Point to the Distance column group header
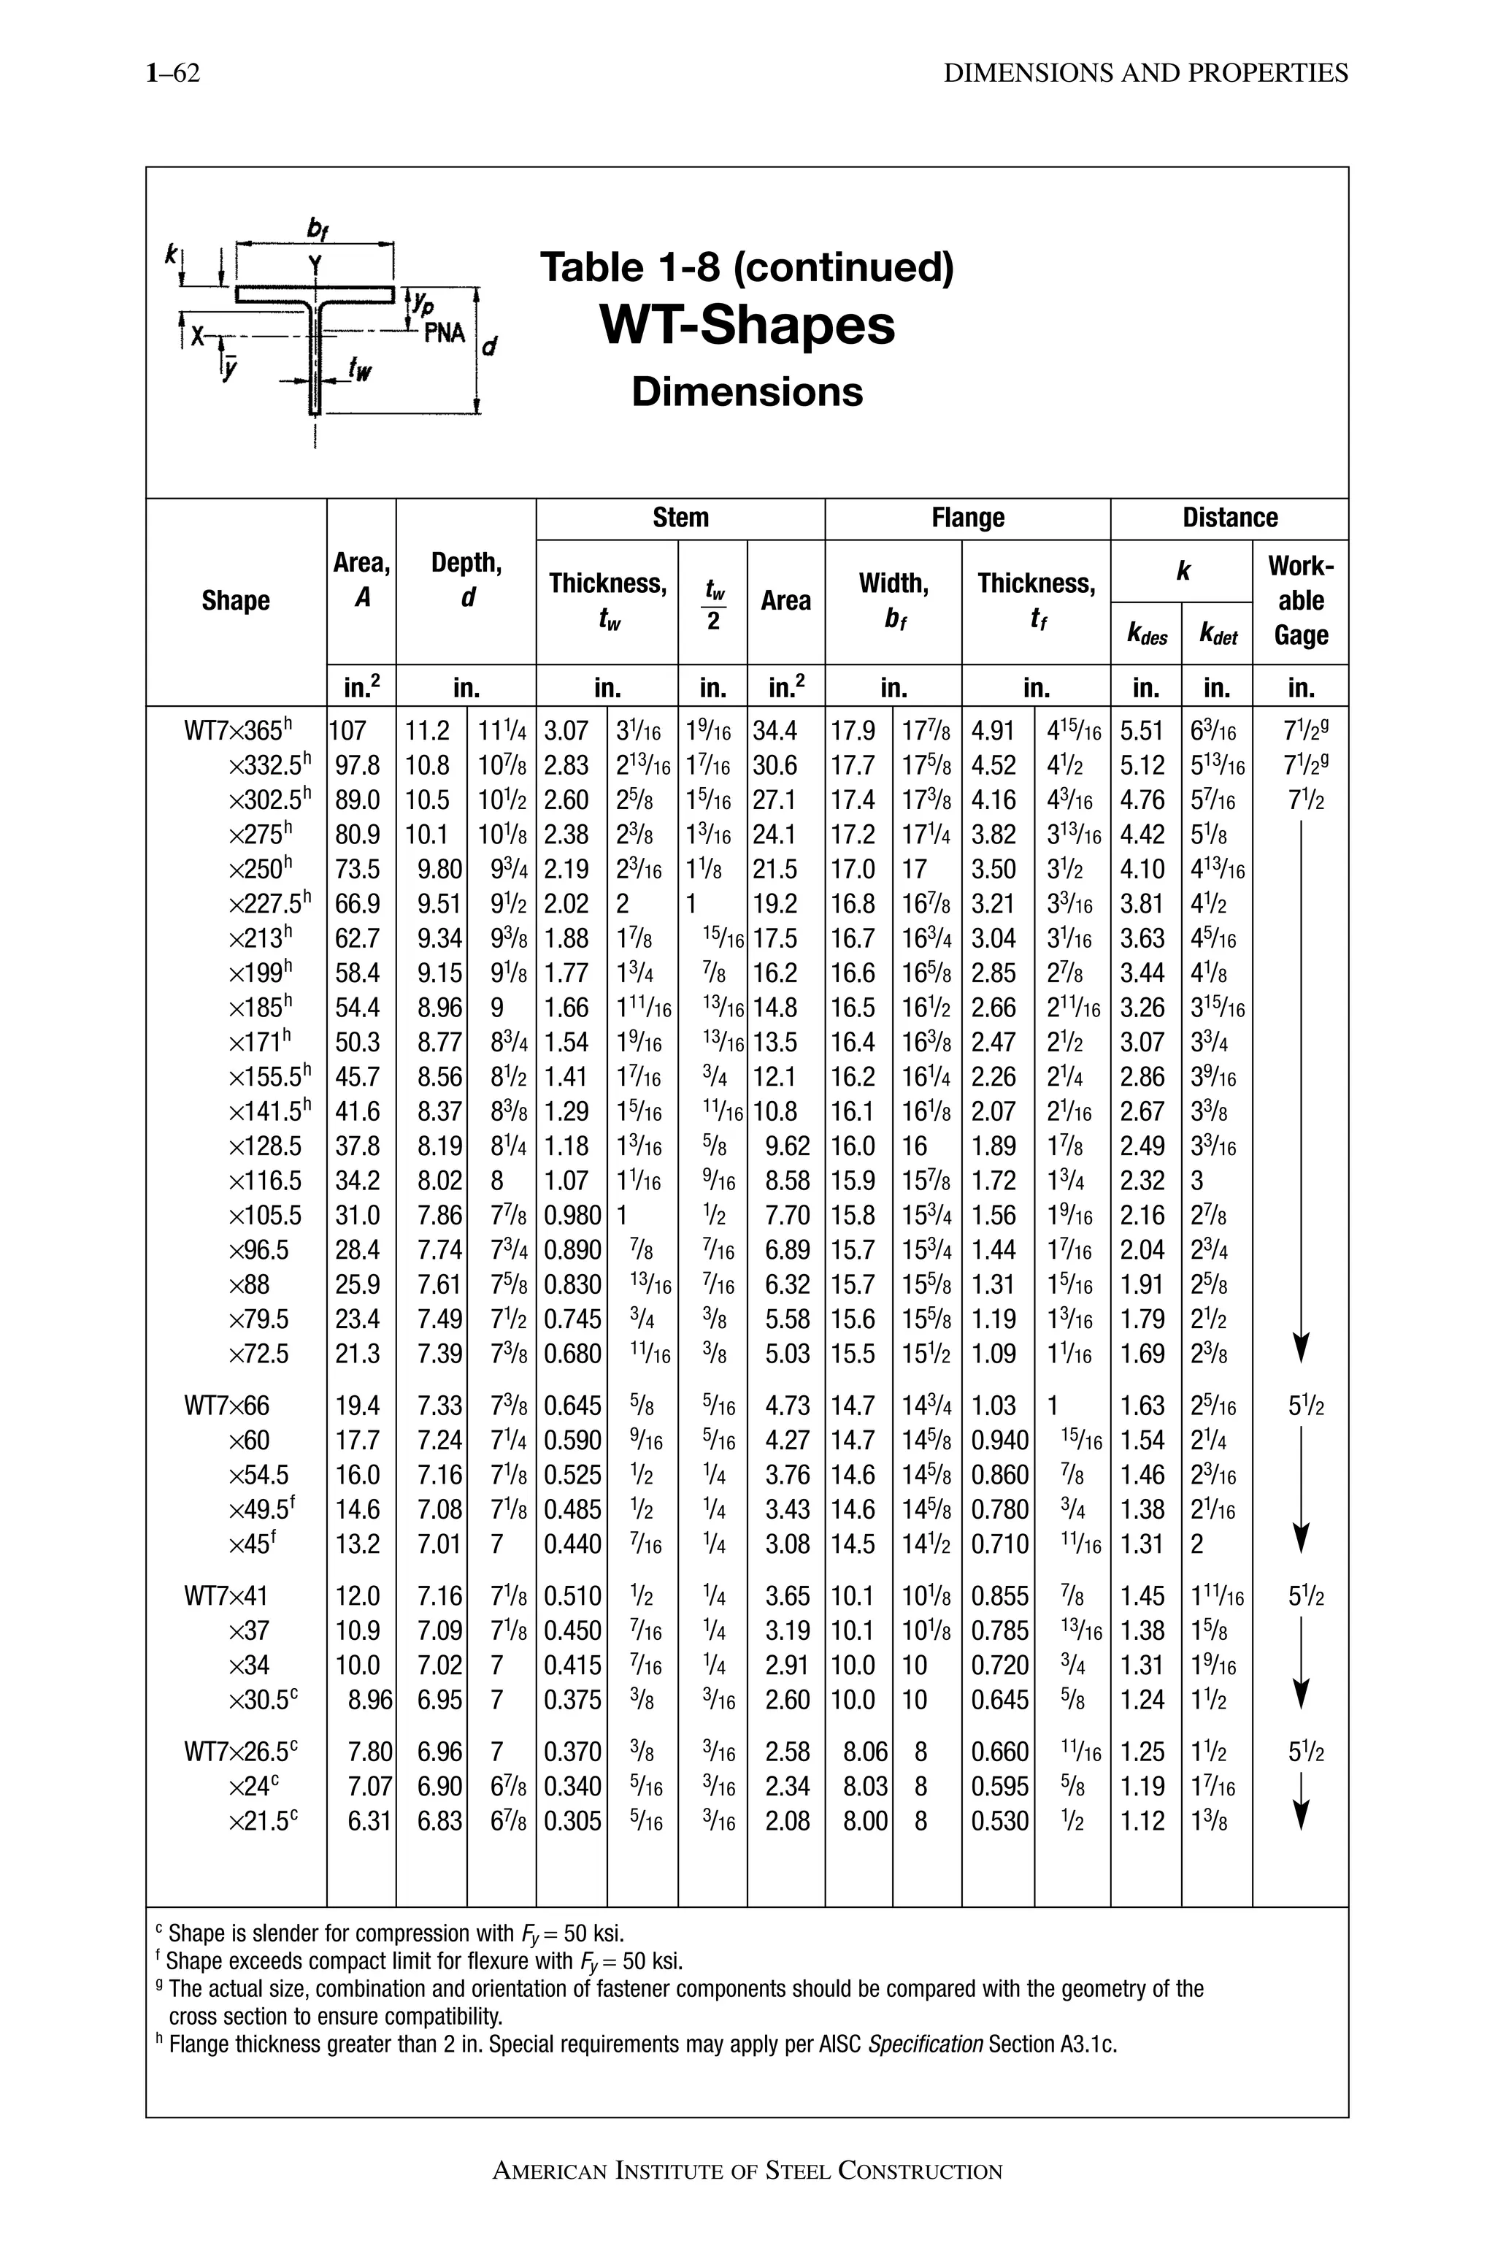(1229, 518)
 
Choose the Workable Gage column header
(1301, 601)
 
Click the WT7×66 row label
(227, 1406)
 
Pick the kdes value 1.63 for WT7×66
(1142, 1406)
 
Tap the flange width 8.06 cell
(865, 1752)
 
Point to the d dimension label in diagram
(489, 347)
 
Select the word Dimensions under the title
(747, 392)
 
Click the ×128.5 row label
(265, 1146)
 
